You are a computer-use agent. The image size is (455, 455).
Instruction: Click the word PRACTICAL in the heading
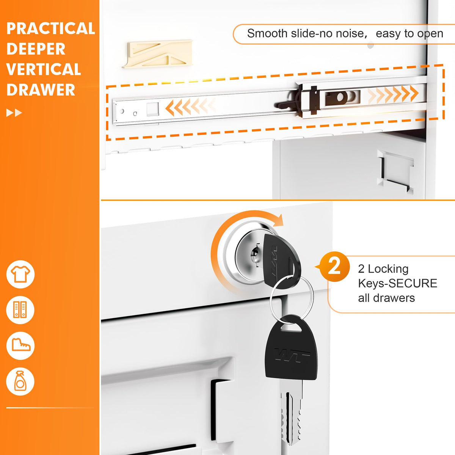50,28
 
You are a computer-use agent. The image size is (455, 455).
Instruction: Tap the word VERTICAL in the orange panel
44,69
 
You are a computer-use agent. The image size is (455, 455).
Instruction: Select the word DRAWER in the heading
41,90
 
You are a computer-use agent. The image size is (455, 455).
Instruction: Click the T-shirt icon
20,275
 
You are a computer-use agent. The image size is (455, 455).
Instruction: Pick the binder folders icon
20,310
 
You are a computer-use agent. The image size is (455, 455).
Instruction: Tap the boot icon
20,346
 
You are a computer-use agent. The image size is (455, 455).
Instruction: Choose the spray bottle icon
20,381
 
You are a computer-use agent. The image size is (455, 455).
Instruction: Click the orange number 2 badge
334,267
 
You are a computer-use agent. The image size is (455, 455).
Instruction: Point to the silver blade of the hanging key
291,412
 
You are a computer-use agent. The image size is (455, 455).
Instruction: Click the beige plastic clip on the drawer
157,54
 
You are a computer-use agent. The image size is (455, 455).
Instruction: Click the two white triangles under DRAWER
14,113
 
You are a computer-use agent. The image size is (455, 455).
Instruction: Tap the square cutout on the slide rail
152,109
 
